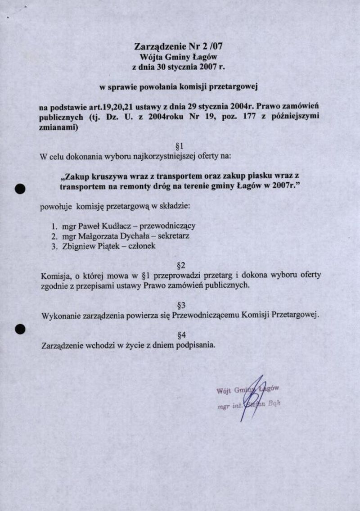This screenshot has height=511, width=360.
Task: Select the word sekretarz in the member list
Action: click(x=173, y=236)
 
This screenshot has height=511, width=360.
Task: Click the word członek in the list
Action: click(x=142, y=246)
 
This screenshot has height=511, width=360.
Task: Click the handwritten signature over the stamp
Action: click(x=252, y=396)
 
